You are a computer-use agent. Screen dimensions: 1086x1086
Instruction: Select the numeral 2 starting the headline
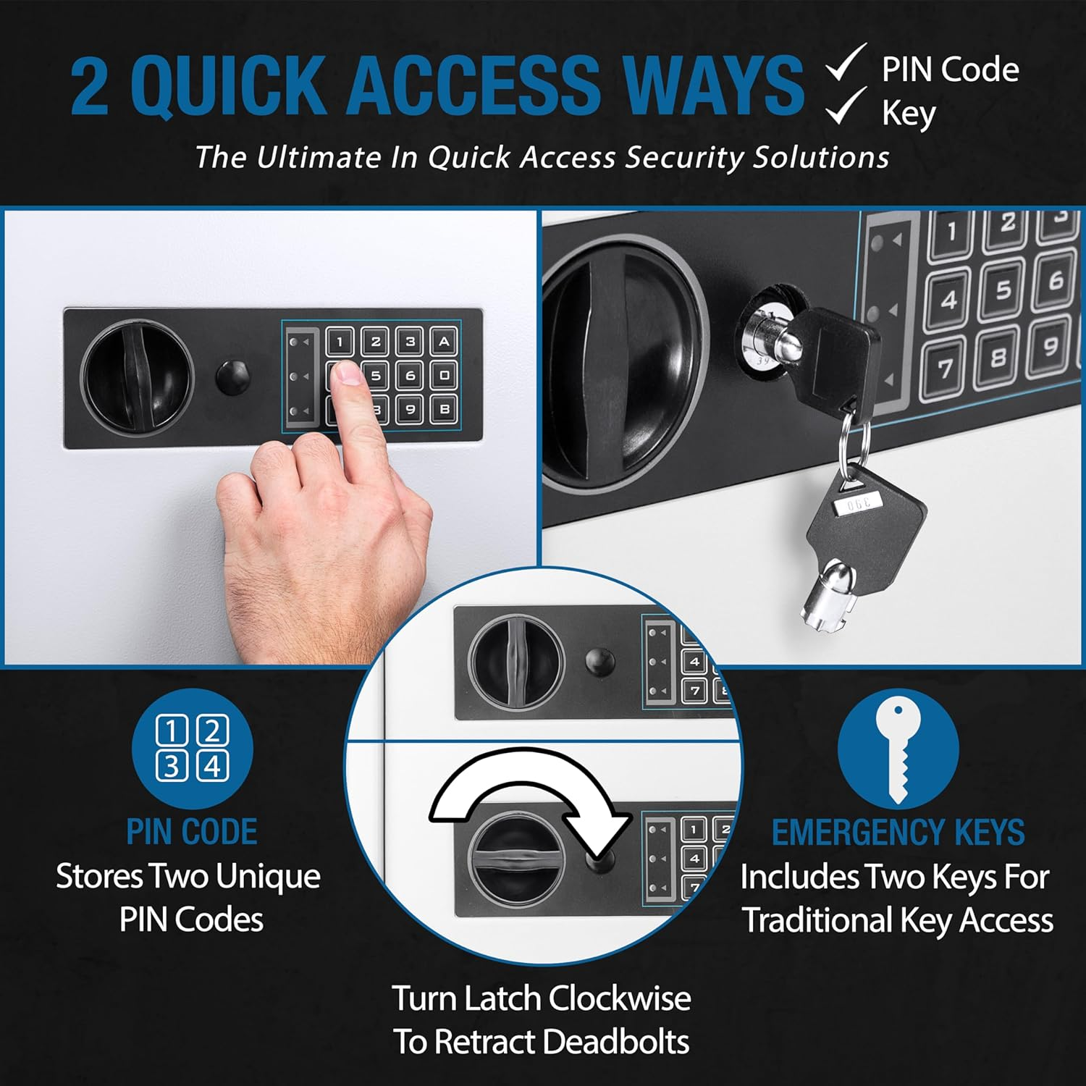pos(90,86)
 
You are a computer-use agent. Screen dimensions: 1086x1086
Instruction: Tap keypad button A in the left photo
pos(444,341)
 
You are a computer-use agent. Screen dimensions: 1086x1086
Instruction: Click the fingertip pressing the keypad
pos(349,372)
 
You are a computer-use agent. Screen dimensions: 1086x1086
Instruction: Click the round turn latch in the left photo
pos(137,377)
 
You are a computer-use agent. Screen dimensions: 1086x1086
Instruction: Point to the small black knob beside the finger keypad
pos(233,377)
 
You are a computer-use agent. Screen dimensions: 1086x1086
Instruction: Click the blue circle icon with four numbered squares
pos(192,749)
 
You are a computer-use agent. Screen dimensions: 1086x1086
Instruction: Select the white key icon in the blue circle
pos(898,749)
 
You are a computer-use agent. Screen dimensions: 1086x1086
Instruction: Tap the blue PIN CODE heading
pos(192,832)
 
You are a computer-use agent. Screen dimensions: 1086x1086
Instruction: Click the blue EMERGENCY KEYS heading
pos(898,833)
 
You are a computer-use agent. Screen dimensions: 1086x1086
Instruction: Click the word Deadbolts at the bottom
pos(615,1042)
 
